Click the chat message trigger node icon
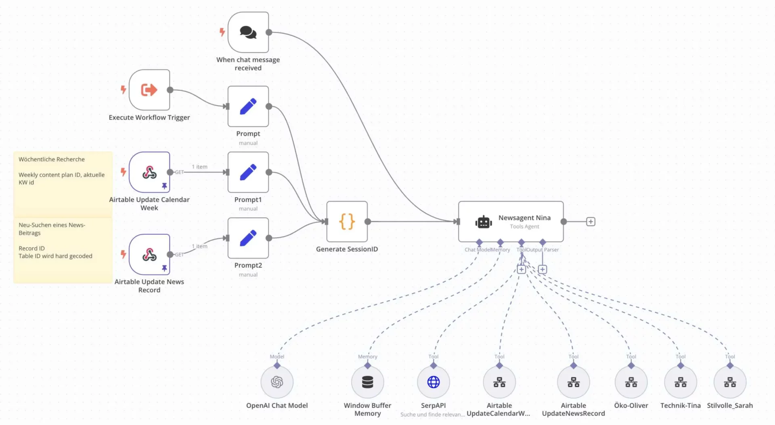tap(248, 32)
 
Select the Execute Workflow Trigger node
tap(149, 90)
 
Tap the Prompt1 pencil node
tap(248, 172)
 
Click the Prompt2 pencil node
tap(248, 238)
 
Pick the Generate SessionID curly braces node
tap(347, 221)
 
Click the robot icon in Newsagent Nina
tap(483, 222)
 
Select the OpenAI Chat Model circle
tap(277, 382)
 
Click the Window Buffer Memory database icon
tap(367, 382)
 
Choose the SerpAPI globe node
tap(433, 382)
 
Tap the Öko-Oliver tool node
tap(631, 382)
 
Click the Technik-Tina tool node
tap(681, 382)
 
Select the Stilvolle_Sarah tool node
tap(730, 382)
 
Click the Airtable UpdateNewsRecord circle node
tap(573, 382)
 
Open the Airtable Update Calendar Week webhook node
tap(149, 172)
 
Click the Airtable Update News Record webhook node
tap(149, 254)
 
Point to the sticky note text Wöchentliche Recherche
tap(52, 159)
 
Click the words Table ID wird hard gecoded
tap(55, 256)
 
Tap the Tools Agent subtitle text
tap(524, 227)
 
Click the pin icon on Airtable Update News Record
tap(164, 268)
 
